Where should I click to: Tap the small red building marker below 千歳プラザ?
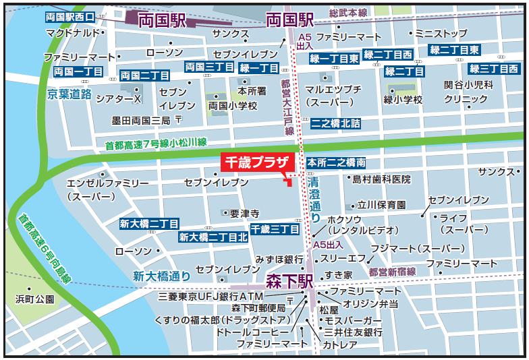[x=288, y=180]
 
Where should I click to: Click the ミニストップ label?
[x=441, y=32]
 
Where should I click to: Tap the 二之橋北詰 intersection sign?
[x=335, y=124]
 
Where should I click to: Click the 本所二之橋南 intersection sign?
[x=337, y=163]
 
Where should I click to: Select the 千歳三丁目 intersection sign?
[x=275, y=230]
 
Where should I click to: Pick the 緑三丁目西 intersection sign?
[x=493, y=69]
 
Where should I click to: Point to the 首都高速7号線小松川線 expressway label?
[x=156, y=144]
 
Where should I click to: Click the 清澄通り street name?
[x=314, y=200]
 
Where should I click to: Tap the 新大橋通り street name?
[x=161, y=275]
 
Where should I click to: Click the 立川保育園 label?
[x=381, y=204]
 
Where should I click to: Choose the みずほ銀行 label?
[x=279, y=259]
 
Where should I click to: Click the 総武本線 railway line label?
[x=347, y=13]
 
